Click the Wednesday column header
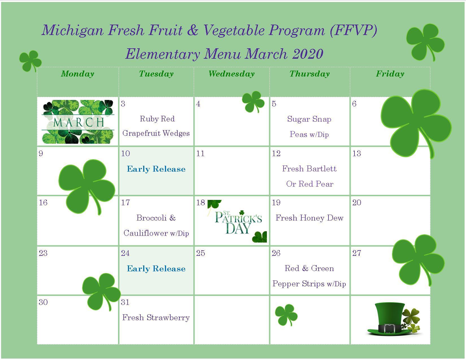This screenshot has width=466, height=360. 231,74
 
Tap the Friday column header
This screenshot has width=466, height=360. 390,74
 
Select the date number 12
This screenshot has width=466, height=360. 276,154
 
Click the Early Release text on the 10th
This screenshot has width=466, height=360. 156,169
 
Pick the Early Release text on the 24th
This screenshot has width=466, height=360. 156,269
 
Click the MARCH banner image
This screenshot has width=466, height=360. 78,122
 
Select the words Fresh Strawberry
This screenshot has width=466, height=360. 156,318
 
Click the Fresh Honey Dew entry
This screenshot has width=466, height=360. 309,218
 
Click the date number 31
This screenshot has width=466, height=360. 125,302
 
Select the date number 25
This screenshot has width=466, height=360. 201,253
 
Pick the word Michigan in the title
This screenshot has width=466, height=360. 73,30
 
